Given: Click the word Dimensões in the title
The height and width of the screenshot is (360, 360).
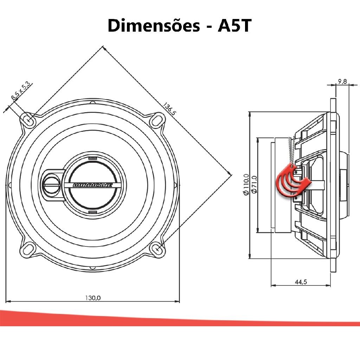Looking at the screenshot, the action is click(154, 25).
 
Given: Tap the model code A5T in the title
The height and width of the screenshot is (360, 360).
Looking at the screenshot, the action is click(234, 25).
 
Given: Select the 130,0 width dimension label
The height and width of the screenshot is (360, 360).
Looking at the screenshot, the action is click(93, 298).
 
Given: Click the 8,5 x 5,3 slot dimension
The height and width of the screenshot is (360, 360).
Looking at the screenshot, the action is click(21, 91).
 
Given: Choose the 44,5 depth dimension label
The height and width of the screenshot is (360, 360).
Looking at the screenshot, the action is click(301, 282).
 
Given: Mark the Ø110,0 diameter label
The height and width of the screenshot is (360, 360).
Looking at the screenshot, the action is click(246, 185).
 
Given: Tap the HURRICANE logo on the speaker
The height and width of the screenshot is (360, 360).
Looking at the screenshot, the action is click(93, 185).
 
